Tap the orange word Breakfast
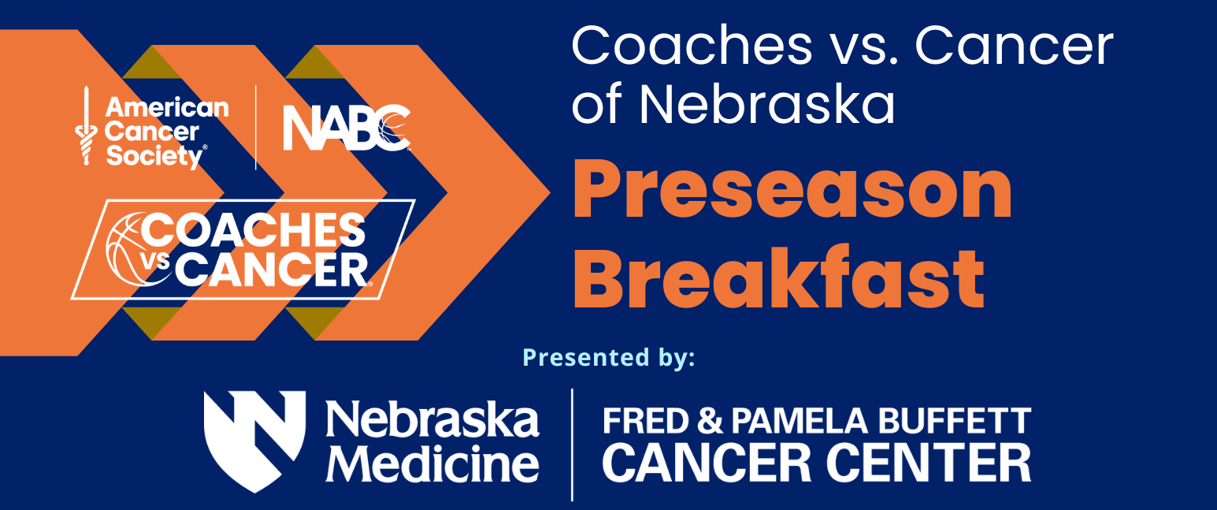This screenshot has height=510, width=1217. point(778,277)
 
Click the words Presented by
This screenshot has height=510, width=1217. point(608,359)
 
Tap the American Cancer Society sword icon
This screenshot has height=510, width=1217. point(86,125)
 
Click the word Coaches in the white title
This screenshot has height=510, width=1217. point(692,46)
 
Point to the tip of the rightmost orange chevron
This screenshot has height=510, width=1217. point(550,192)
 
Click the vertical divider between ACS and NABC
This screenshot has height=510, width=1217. point(256,127)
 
